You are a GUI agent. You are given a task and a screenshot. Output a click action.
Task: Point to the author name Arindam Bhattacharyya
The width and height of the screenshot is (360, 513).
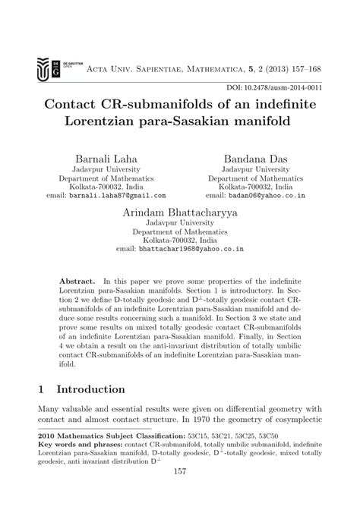pyautogui.click(x=179, y=214)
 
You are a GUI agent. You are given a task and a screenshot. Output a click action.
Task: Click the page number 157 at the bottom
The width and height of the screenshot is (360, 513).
pyautogui.click(x=180, y=495)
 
